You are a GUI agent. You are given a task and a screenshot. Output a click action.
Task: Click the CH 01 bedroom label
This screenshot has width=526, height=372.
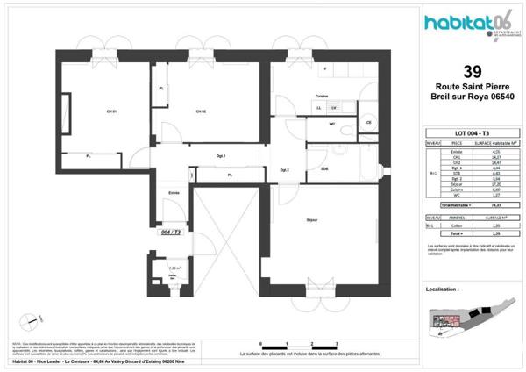(x=111, y=111)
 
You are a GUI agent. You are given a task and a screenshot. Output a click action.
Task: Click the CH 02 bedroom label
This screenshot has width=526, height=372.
(x=201, y=111)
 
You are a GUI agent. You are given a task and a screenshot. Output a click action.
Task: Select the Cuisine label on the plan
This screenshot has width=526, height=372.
(x=322, y=96)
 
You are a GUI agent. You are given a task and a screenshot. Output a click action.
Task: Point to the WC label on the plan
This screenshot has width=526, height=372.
(x=332, y=124)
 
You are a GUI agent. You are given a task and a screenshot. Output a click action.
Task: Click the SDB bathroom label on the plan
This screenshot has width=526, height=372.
(x=324, y=168)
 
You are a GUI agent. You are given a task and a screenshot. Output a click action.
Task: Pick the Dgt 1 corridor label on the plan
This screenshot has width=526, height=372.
(x=222, y=156)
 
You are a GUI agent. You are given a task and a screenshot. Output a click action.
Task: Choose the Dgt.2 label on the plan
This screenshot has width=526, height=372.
(x=285, y=169)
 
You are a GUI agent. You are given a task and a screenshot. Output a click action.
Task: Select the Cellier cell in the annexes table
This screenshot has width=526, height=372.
(x=456, y=225)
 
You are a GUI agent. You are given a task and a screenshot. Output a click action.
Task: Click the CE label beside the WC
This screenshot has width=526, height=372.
(x=368, y=123)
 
